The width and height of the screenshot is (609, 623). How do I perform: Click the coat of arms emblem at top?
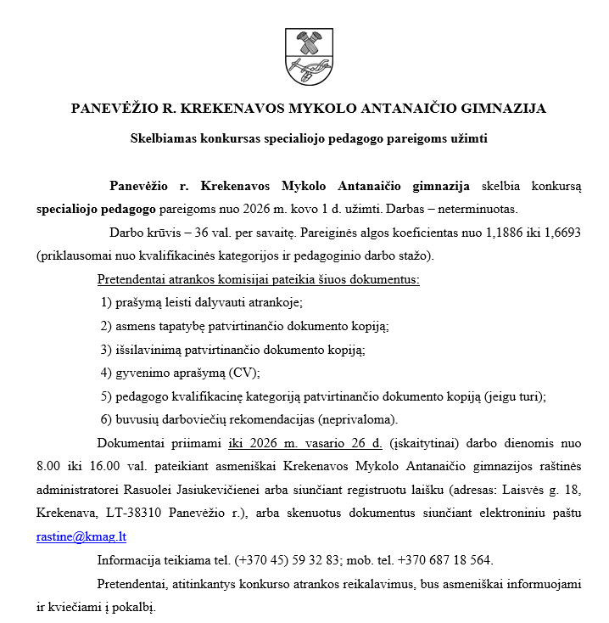304,58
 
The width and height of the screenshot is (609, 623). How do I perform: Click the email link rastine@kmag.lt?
81,536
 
